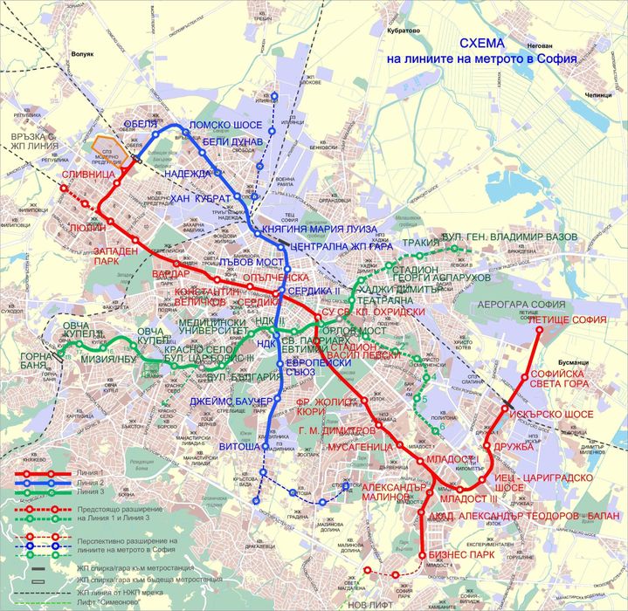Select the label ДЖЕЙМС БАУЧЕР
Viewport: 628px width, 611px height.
coord(230,402)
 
